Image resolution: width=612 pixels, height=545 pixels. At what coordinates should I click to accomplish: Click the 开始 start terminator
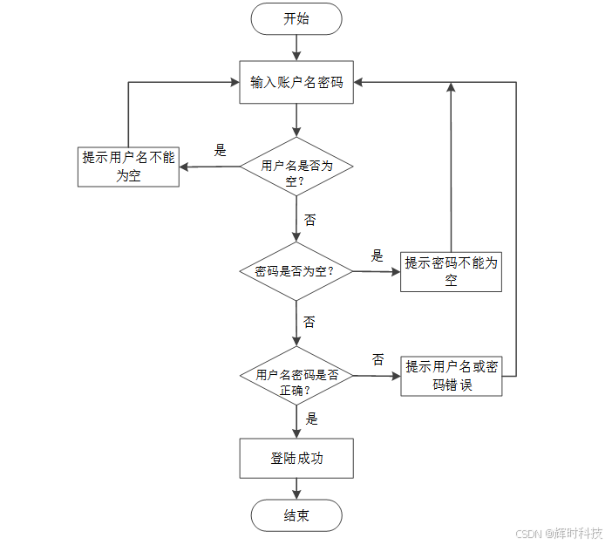pyautogui.click(x=296, y=19)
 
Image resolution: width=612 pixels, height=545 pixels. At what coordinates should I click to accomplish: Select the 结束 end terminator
pyautogui.click(x=296, y=515)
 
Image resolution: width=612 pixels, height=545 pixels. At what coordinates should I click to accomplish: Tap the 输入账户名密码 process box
pyautogui.click(x=296, y=83)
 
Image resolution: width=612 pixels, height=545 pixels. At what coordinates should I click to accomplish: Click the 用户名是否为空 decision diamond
pyautogui.click(x=296, y=167)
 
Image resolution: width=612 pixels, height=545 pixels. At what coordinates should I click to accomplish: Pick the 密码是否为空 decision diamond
pyautogui.click(x=296, y=271)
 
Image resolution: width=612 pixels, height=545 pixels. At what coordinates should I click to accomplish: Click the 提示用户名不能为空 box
pyautogui.click(x=128, y=166)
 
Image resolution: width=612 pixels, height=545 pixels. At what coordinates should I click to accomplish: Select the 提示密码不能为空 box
pyautogui.click(x=451, y=271)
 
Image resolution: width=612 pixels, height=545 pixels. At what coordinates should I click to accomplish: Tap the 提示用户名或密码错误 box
pyautogui.click(x=451, y=376)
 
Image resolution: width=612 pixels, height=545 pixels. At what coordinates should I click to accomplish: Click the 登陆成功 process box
pyautogui.click(x=296, y=458)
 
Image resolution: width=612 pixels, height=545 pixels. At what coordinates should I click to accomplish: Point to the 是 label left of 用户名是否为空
pyautogui.click(x=221, y=150)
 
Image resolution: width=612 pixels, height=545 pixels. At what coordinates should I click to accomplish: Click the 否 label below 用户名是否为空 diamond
pyautogui.click(x=309, y=219)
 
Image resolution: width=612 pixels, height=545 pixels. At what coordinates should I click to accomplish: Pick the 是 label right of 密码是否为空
pyautogui.click(x=377, y=255)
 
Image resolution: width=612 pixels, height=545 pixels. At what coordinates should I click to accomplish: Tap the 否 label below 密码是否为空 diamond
pyautogui.click(x=309, y=322)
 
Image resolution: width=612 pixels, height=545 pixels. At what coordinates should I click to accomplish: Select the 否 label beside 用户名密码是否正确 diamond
pyautogui.click(x=378, y=359)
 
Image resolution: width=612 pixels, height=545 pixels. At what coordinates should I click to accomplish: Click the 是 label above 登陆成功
pyautogui.click(x=311, y=419)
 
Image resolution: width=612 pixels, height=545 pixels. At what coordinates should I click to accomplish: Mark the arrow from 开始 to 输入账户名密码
pyautogui.click(x=296, y=48)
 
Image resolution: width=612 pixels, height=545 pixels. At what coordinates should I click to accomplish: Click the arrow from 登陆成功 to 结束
pyautogui.click(x=296, y=488)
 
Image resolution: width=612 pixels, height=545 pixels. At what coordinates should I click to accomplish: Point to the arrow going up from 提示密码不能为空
pyautogui.click(x=451, y=166)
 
